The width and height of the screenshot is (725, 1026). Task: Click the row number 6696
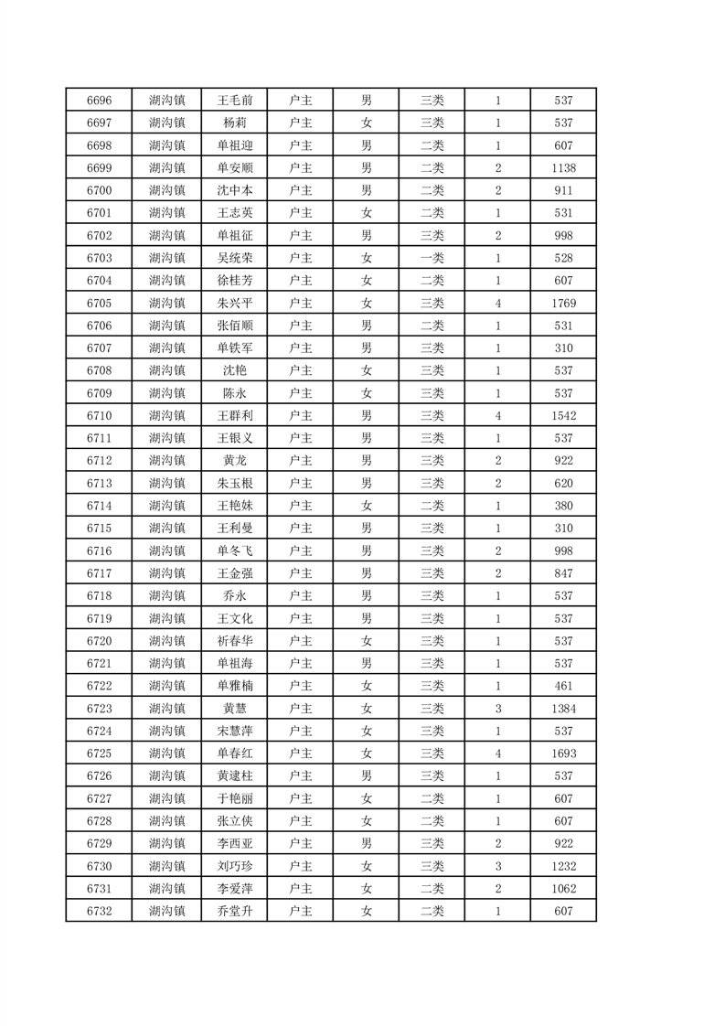coord(99,100)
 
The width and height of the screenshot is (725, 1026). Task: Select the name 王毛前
coord(235,100)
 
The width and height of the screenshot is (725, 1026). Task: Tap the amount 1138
coord(563,167)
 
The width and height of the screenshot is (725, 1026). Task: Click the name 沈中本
coord(235,190)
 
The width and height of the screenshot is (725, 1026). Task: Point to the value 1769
coord(563,303)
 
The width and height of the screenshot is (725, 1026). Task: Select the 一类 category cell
coord(432,258)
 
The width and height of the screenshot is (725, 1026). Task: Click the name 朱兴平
coord(235,303)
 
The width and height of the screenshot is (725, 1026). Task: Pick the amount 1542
coord(563,415)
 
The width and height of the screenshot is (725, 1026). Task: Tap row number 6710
coord(99,415)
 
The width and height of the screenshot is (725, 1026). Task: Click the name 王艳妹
coord(235,506)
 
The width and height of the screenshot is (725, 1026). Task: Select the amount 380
coord(563,506)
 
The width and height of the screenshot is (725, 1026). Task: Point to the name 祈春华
coord(235,641)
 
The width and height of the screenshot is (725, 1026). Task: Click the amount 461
coord(563,686)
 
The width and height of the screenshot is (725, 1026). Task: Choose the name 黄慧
coord(235,709)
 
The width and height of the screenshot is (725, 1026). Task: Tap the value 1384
coord(563,709)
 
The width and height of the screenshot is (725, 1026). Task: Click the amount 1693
coord(563,753)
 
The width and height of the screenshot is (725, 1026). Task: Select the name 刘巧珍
coord(235,866)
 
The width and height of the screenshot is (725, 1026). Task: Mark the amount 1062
coord(563,889)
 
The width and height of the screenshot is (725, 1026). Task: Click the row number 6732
coord(99,911)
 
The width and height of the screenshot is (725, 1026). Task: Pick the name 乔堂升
coord(235,911)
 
